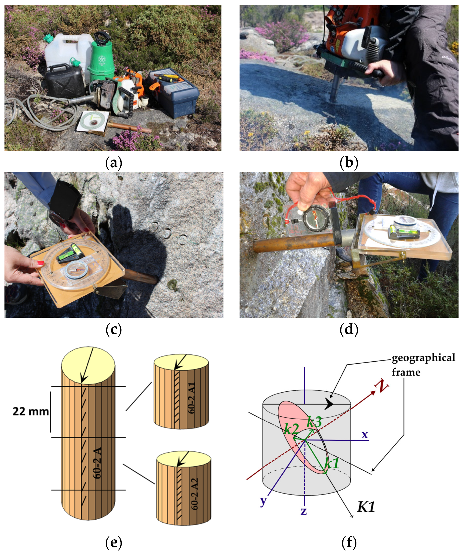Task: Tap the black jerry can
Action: pos(65,81)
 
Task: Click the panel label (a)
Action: pos(114,163)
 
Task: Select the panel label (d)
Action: pos(349,330)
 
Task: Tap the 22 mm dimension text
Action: pos(31,411)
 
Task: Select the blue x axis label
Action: pos(365,435)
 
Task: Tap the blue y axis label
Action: pos(263,500)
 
